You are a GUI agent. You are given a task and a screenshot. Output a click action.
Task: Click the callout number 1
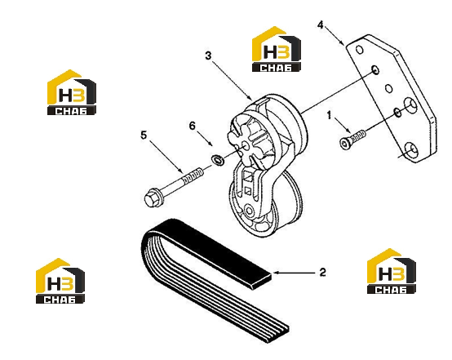(x=329, y=115)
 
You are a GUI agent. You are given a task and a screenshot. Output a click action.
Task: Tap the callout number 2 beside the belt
(x=322, y=272)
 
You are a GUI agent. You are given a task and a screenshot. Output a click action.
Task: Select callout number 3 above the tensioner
(x=208, y=56)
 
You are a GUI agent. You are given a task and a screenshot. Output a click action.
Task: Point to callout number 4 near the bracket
(x=321, y=25)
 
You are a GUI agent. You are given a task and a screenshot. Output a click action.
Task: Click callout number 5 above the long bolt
(x=144, y=135)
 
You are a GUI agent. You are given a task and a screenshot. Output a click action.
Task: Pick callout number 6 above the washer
(x=192, y=126)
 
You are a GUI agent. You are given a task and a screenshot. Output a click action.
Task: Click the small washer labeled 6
(x=218, y=160)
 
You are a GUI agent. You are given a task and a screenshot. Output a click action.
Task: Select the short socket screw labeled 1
(x=352, y=139)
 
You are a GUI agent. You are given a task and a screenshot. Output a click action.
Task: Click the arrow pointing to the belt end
(x=294, y=273)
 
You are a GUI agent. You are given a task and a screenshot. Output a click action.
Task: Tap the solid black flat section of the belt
(x=212, y=250)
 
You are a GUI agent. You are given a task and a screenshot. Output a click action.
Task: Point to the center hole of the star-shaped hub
(x=246, y=147)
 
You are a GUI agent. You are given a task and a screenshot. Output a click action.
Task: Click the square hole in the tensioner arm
(x=248, y=191)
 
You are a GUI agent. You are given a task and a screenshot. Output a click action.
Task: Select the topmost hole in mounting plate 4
(x=359, y=50)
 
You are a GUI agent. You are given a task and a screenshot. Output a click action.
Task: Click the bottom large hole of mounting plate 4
(x=411, y=150)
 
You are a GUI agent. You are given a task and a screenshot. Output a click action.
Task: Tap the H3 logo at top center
(x=277, y=49)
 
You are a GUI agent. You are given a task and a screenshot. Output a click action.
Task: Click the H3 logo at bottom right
(x=391, y=271)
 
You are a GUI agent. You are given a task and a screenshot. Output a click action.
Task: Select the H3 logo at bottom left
(x=60, y=281)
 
